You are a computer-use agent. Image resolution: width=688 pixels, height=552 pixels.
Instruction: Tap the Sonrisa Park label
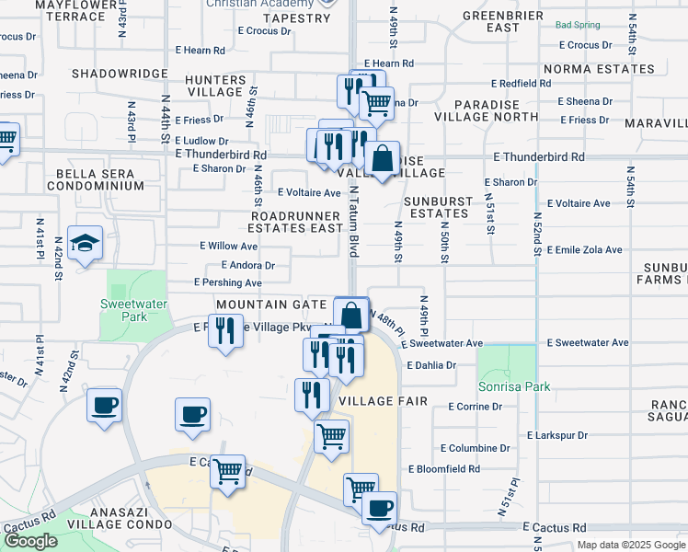point(513,386)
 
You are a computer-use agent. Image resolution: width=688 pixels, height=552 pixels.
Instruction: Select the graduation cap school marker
point(85,245)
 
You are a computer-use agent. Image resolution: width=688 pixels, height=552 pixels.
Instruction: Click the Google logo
point(30,541)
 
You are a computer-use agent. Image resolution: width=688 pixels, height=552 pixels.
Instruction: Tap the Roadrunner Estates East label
point(296,222)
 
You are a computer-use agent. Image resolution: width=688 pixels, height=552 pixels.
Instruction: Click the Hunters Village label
point(215,86)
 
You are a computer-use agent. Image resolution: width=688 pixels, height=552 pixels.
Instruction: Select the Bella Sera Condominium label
point(100,179)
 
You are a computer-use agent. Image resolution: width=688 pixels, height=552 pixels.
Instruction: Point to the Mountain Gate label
point(271,304)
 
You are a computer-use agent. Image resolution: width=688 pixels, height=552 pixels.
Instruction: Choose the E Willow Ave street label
point(229,247)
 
